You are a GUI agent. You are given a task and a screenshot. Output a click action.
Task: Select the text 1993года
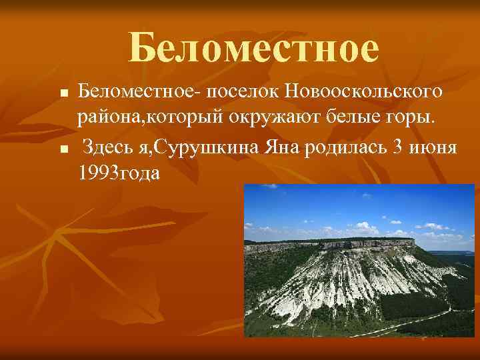pos(119,174)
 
